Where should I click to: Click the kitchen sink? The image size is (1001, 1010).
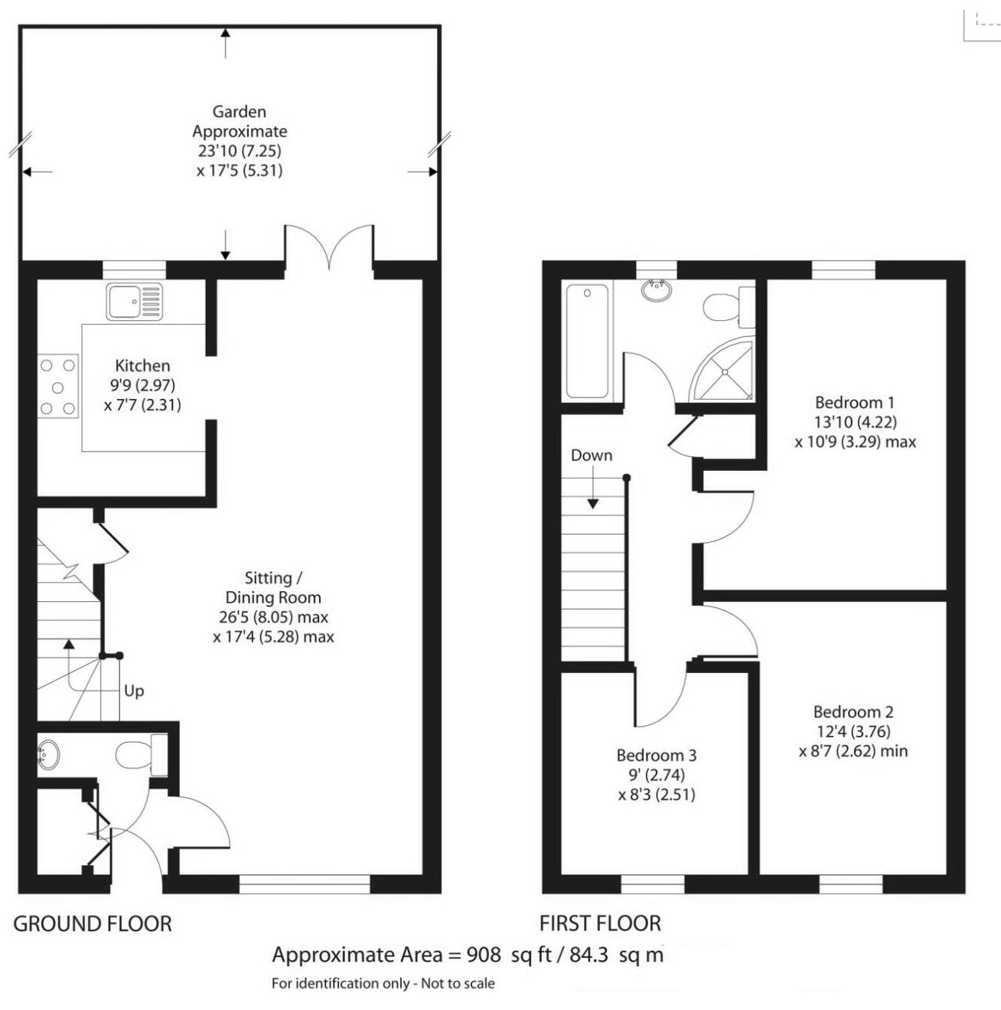pyautogui.click(x=135, y=301)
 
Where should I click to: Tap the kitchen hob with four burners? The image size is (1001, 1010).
pyautogui.click(x=59, y=386)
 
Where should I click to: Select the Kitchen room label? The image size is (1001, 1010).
pyautogui.click(x=142, y=365)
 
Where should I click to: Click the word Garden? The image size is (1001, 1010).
pyautogui.click(x=239, y=112)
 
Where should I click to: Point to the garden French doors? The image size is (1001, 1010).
pyautogui.click(x=329, y=247)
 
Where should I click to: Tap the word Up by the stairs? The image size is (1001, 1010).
pyautogui.click(x=134, y=691)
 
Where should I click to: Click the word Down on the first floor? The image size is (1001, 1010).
pyautogui.click(x=592, y=455)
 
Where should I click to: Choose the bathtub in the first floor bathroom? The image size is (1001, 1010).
pyautogui.click(x=588, y=341)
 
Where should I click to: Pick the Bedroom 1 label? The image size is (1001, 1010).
pyautogui.click(x=854, y=402)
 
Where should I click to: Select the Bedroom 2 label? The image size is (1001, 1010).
pyautogui.click(x=853, y=711)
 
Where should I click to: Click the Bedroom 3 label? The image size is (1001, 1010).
pyautogui.click(x=657, y=755)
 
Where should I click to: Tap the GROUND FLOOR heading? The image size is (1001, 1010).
pyautogui.click(x=93, y=923)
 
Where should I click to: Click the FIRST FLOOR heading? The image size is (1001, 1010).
pyautogui.click(x=600, y=923)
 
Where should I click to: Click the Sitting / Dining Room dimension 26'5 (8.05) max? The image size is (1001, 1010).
pyautogui.click(x=273, y=617)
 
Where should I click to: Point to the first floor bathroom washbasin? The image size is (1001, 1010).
pyautogui.click(x=657, y=290)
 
